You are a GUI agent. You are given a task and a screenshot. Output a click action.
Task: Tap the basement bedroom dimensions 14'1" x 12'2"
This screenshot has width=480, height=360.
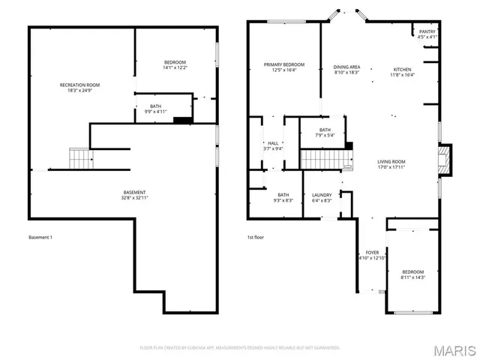point(175,68)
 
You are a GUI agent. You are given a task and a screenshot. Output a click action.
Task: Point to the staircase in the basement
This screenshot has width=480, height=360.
point(80,158)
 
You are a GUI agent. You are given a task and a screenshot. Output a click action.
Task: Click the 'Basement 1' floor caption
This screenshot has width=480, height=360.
point(40,238)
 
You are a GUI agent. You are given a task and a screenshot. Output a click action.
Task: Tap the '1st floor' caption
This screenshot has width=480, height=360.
point(256,238)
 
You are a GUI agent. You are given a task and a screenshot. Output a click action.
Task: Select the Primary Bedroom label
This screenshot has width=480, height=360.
point(284,67)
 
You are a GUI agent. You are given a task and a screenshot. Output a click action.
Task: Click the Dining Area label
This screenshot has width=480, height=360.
point(346,69)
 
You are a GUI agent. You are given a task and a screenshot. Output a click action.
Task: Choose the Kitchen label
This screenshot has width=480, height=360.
point(403,72)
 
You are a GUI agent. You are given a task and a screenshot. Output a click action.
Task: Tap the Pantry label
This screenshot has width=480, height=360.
point(427,34)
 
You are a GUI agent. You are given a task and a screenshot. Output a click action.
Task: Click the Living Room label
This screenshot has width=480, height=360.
point(391,165)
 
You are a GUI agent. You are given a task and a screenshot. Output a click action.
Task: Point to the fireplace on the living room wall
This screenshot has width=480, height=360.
point(446,160)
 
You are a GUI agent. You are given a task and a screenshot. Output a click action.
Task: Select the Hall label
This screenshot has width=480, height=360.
point(273,145)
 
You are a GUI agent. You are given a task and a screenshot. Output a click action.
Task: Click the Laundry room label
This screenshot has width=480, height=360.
point(322,198)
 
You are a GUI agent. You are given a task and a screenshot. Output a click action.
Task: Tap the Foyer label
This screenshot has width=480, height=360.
point(372,255)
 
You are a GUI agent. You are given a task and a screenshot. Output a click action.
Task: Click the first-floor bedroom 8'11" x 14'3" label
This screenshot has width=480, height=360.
point(412,274)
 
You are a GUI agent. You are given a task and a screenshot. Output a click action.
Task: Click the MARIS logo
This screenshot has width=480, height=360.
point(454,350)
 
